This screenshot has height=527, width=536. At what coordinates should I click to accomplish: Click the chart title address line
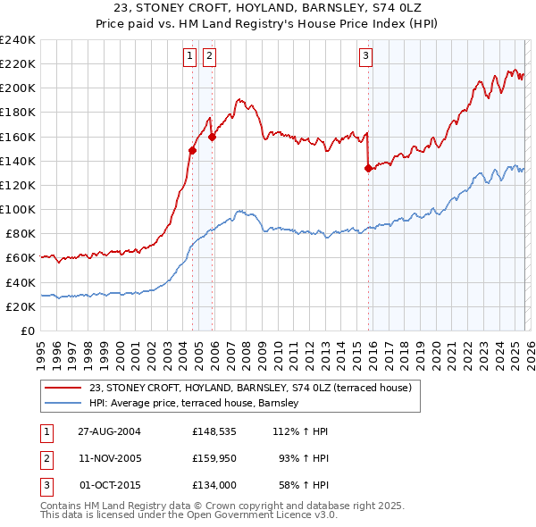268,9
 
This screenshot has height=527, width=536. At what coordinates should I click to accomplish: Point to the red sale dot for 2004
192,151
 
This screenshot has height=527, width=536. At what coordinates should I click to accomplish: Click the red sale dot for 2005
213,137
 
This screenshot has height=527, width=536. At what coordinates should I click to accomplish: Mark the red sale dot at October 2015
368,168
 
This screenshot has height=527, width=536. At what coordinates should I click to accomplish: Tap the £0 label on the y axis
27,330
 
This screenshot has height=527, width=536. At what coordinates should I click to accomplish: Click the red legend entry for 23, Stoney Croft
250,389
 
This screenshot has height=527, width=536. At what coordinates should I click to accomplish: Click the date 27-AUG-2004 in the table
109,431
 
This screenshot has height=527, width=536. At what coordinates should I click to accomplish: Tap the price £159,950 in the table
213,458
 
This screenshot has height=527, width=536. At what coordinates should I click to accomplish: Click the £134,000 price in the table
213,485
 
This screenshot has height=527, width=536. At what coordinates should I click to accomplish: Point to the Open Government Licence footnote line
188,514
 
